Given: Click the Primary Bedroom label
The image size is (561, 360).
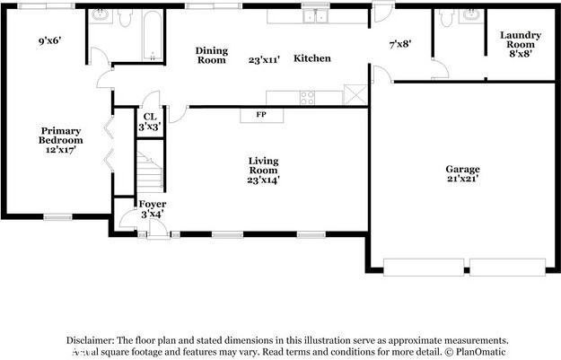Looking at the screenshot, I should pyautogui.click(x=60, y=141).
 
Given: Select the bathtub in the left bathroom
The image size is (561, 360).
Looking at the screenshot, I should pyautogui.click(x=153, y=35).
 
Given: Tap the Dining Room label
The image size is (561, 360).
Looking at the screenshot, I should pyautogui.click(x=211, y=55).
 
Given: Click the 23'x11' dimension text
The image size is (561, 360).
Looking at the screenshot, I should pyautogui.click(x=264, y=59).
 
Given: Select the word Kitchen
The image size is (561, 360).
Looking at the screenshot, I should pyautogui.click(x=312, y=58).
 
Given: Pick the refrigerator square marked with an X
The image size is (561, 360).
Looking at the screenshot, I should pyautogui.click(x=356, y=96).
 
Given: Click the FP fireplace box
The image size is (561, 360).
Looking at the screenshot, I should pyautogui.click(x=261, y=115).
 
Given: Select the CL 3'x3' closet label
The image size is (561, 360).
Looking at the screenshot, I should pyautogui.click(x=149, y=121).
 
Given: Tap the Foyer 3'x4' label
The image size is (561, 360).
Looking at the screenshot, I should pyautogui.click(x=152, y=209).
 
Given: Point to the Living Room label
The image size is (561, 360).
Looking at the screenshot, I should pyautogui.click(x=264, y=171).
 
